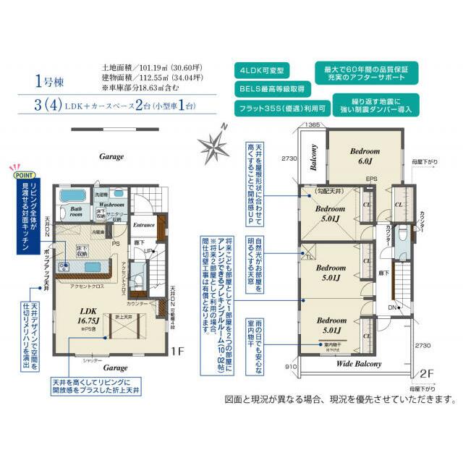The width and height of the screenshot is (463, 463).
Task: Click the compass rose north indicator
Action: point(216,143)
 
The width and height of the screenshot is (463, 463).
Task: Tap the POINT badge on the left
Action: point(22,174)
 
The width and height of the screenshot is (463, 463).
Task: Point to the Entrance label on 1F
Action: point(145,225)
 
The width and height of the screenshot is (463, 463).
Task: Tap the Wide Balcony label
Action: point(358,363)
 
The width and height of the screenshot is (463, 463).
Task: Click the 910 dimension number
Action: point(289,367)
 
